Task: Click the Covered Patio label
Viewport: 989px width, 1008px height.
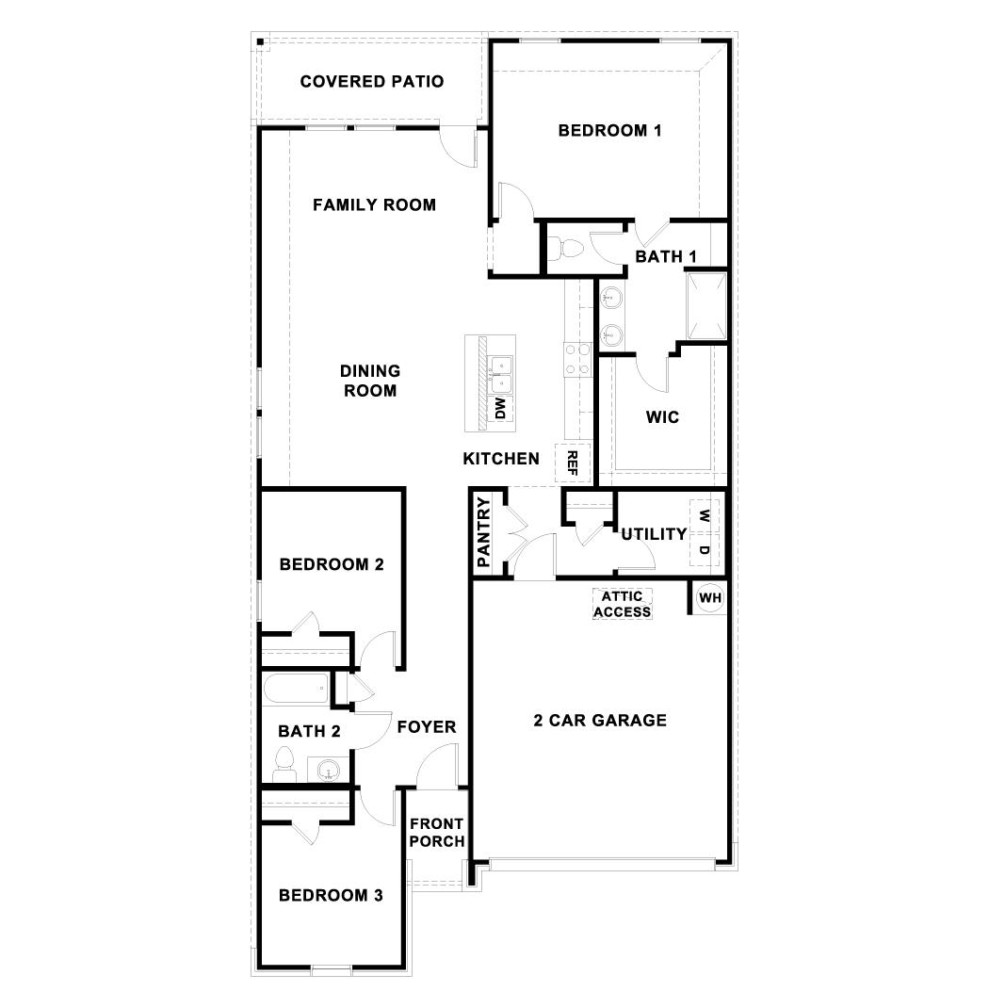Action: [x=371, y=82]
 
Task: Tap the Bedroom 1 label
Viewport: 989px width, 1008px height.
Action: [x=609, y=131]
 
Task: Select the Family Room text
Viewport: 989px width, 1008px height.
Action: [x=374, y=204]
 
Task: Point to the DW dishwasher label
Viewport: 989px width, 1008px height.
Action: [x=500, y=408]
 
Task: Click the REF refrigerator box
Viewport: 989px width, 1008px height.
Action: [x=572, y=462]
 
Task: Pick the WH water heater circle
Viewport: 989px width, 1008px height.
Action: [x=709, y=597]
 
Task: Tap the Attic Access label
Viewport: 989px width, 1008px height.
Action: [x=622, y=604]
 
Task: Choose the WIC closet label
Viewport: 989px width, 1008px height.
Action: [x=662, y=417]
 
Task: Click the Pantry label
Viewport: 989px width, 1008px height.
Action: [x=484, y=532]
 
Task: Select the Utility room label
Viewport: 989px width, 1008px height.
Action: [x=654, y=534]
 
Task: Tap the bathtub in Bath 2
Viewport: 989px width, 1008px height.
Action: [x=296, y=690]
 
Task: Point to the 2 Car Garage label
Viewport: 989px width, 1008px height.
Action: [x=600, y=721]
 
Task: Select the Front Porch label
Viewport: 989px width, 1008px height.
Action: [x=437, y=833]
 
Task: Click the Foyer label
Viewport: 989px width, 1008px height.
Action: [x=426, y=727]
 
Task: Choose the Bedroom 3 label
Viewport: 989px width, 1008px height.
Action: [x=331, y=896]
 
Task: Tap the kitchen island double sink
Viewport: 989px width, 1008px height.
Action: [x=499, y=373]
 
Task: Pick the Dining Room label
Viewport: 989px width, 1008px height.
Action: [x=370, y=381]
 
